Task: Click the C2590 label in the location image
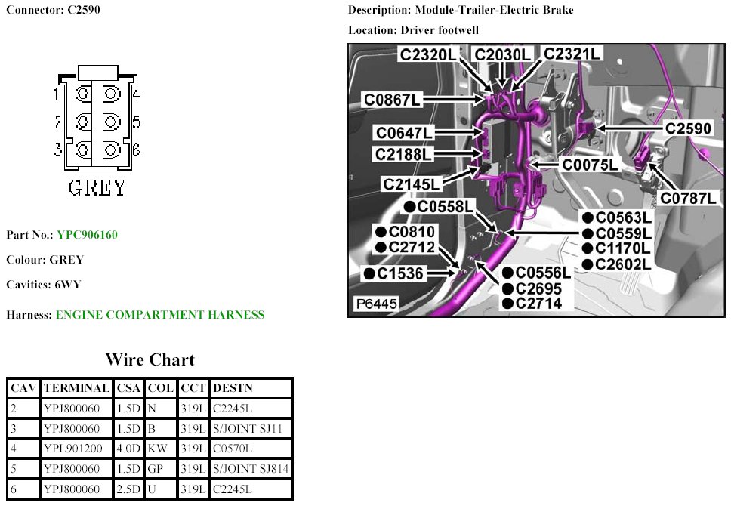coord(687,128)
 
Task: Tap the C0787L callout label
coord(688,198)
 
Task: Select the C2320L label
coord(428,54)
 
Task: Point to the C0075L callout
coord(590,164)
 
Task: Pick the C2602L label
coord(622,264)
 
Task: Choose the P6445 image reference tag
coord(376,304)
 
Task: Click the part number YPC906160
coord(87,235)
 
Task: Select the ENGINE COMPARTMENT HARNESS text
coord(160,315)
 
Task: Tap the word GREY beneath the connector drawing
coord(97,187)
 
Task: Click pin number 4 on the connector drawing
coord(135,94)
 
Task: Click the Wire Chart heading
coord(150,359)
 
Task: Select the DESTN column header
coord(233,388)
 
